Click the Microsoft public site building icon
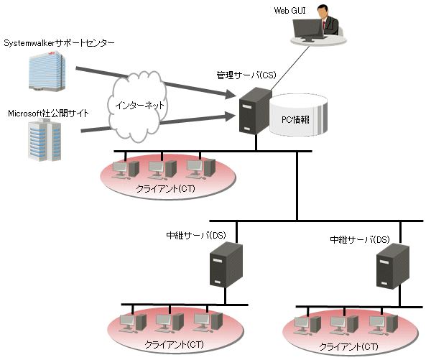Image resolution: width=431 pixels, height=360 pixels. pos(42,140)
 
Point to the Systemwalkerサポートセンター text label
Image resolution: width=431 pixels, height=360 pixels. pos(59,43)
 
